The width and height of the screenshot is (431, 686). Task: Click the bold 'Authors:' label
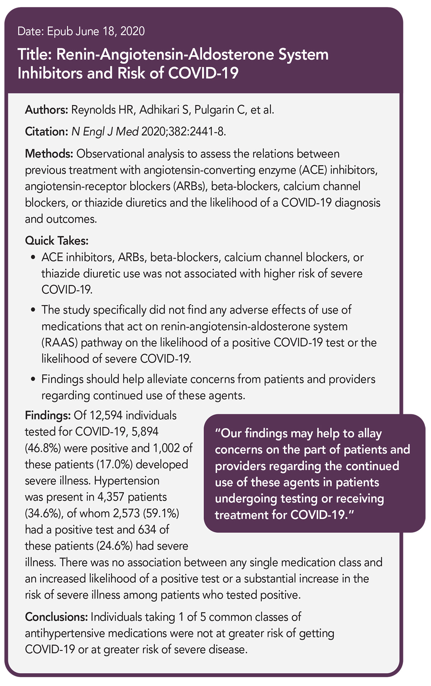46,110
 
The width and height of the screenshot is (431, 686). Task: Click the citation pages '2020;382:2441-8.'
184,132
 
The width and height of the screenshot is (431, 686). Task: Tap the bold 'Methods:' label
49,154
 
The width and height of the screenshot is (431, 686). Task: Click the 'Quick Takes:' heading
57,240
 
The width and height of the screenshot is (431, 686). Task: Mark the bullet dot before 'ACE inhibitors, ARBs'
33,258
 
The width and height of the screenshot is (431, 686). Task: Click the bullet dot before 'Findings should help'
33,380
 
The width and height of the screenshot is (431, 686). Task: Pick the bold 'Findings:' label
48,415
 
